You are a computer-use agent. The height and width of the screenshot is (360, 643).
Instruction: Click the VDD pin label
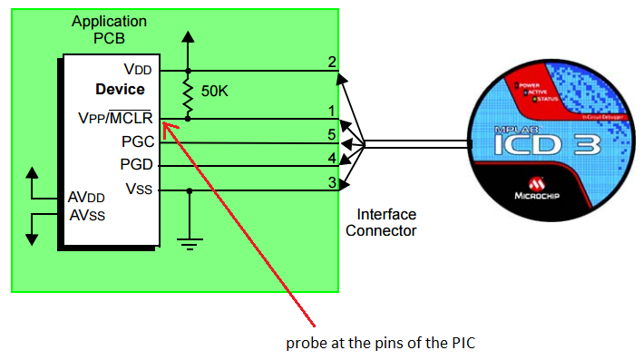138,70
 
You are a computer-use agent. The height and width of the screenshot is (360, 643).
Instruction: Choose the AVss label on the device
90,216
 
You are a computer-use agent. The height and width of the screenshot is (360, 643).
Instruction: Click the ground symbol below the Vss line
189,240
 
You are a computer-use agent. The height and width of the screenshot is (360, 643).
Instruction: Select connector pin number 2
332,63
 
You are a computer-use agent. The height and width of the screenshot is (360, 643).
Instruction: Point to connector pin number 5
332,134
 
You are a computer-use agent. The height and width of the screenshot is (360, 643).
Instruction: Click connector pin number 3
332,182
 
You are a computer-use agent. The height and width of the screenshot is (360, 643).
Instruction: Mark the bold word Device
120,90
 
